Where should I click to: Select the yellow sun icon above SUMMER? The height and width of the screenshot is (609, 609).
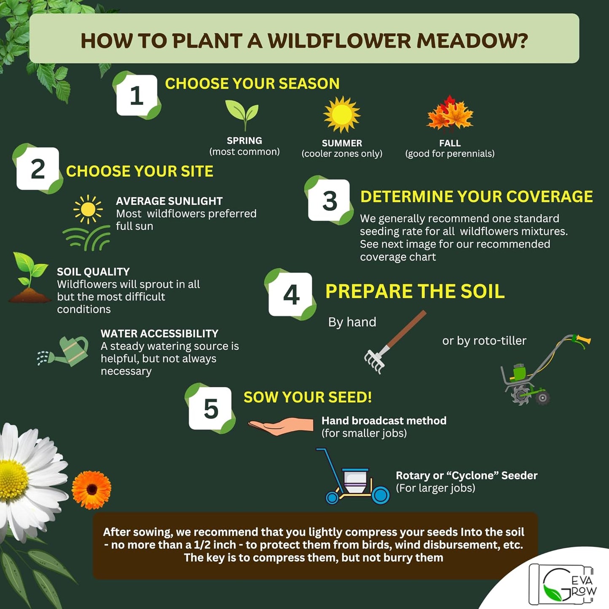pos(342,114)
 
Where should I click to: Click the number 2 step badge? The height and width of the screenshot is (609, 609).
pos(38,169)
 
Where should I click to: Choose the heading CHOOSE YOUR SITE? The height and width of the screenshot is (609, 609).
pos(140,171)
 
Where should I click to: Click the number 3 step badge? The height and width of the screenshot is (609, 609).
pos(329,200)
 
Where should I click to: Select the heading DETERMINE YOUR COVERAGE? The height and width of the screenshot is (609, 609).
pos(476,197)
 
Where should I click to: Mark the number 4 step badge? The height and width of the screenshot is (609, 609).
pos(291,294)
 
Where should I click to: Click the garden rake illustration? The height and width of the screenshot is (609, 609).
pos(394,342)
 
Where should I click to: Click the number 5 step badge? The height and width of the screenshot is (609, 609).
pos(210,408)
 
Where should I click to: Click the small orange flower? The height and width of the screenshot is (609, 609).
pos(91,490)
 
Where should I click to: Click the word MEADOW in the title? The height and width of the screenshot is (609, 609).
pos(472,41)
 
